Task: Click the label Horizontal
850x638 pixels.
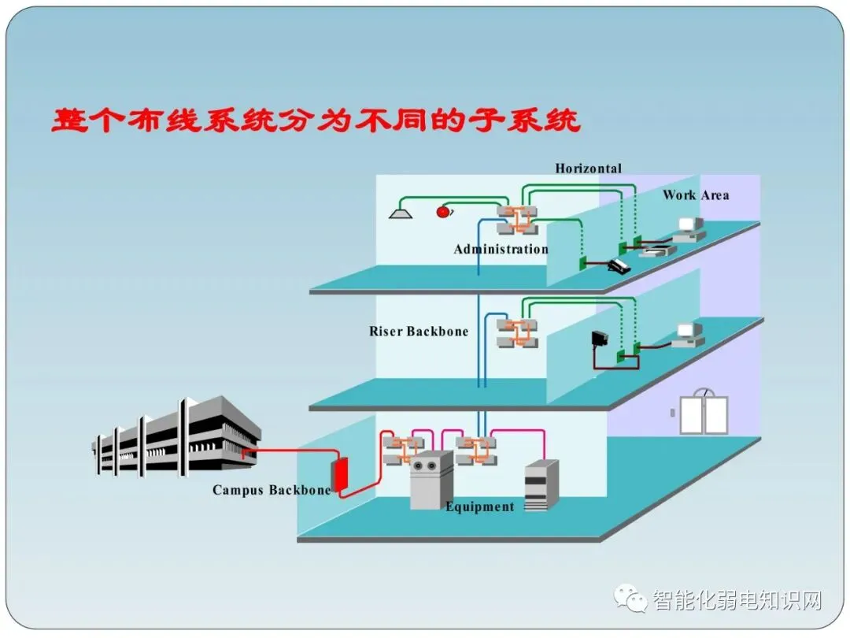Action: (588, 169)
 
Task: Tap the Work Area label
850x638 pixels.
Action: (696, 195)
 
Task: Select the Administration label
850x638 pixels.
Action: (501, 249)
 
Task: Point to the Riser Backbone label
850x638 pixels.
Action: (419, 332)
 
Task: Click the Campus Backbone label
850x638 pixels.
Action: (272, 491)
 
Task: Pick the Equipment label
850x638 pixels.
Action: (480, 506)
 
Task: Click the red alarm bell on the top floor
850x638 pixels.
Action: (444, 211)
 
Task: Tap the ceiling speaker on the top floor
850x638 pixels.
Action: (401, 213)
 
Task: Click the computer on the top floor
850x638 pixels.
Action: (689, 229)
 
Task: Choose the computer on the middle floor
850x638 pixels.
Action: (689, 335)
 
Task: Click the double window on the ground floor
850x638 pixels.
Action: (704, 412)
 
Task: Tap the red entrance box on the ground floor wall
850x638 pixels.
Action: (340, 474)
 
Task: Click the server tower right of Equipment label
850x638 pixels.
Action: (541, 485)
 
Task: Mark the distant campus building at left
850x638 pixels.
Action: (176, 436)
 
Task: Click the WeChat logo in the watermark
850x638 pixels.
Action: (630, 599)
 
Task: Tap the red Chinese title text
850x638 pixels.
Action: (316, 121)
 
